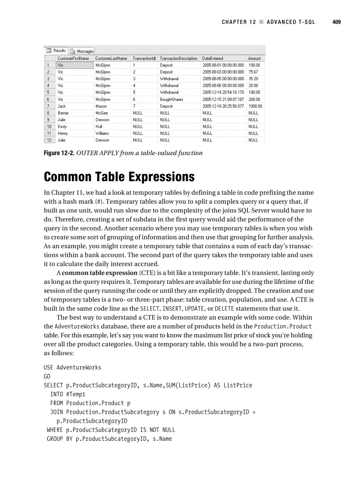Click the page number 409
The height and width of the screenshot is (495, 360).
tap(337, 22)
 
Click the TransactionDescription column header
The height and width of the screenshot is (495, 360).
tap(178, 58)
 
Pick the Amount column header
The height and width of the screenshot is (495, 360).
tap(254, 58)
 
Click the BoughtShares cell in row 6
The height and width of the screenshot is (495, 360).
tap(172, 99)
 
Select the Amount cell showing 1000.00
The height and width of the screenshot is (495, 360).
tap(255, 106)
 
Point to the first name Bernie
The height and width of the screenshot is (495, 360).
tap(63, 113)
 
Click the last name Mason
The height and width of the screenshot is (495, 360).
tap(101, 106)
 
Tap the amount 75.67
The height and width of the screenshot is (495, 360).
tap(253, 72)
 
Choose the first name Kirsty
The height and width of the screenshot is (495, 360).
tap(62, 127)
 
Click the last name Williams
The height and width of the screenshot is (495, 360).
tap(102, 133)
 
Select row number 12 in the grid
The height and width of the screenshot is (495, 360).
tap(50, 140)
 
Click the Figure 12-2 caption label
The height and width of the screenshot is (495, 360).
tap(60, 153)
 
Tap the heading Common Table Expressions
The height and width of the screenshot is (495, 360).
tap(119, 177)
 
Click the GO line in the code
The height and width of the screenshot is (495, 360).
tap(47, 376)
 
